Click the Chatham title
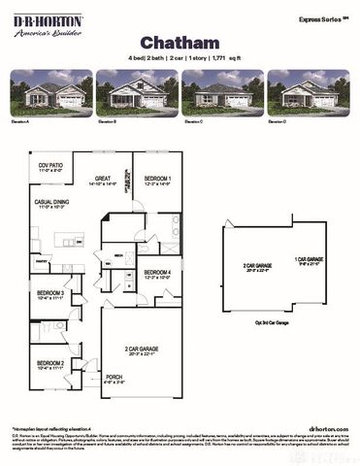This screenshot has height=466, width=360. pyautogui.click(x=180, y=42)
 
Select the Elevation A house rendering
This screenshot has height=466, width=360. pyautogui.click(x=51, y=93)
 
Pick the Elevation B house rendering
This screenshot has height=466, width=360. pyautogui.click(x=137, y=93)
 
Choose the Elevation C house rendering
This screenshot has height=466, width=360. pyautogui.click(x=222, y=93)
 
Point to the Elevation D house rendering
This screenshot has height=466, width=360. pyautogui.click(x=308, y=93)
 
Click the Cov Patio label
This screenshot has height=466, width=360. pyautogui.click(x=50, y=167)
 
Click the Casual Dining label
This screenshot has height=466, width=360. pyautogui.click(x=52, y=205)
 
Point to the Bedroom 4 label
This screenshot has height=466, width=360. pyautogui.click(x=157, y=274)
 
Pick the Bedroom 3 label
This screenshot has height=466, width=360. pyautogui.click(x=50, y=295)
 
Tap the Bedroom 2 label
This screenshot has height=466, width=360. pyautogui.click(x=50, y=366)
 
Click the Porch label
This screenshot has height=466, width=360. pyautogui.click(x=115, y=381)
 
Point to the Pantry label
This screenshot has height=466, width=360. pyautogui.click(x=40, y=260)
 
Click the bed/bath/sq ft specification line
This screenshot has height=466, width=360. pyautogui.click(x=180, y=58)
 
